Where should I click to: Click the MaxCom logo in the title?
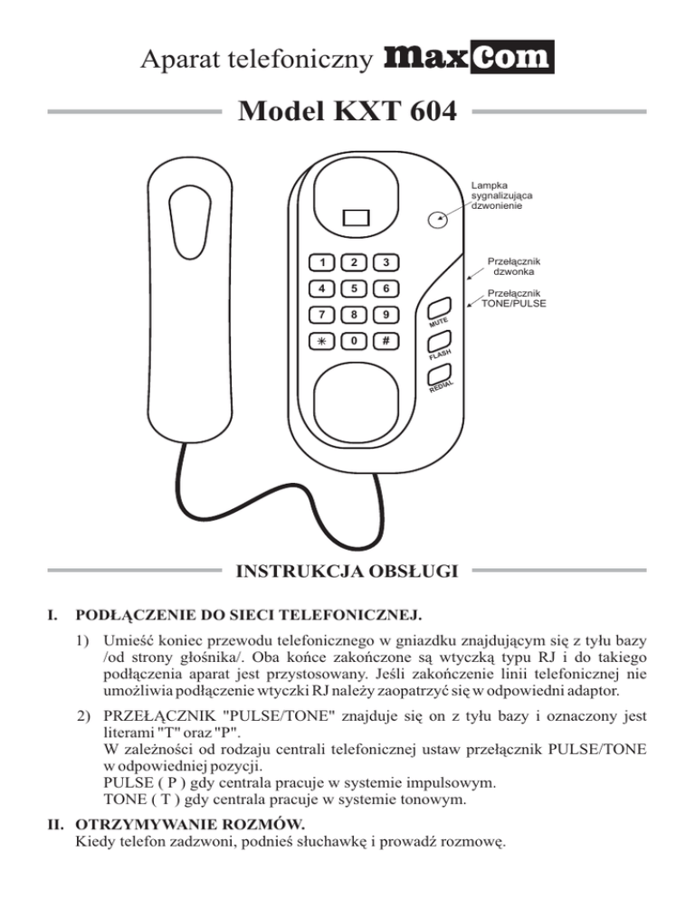[x=469, y=57]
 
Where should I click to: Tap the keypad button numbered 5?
[x=354, y=289]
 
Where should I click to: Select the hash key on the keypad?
[x=386, y=341]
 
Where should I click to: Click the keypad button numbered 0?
[x=354, y=341]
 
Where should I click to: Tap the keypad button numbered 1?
[x=322, y=262]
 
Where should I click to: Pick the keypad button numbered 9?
[x=386, y=315]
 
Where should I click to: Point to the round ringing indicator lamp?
[x=438, y=219]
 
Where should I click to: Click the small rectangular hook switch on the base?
[x=356, y=218]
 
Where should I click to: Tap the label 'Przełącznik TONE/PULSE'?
[x=514, y=298]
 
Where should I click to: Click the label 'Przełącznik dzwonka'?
[x=514, y=267]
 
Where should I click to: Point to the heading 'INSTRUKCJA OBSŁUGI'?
[x=347, y=571]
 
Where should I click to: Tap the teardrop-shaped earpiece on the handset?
[x=190, y=222]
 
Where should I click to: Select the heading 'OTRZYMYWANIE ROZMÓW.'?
[x=190, y=825]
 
